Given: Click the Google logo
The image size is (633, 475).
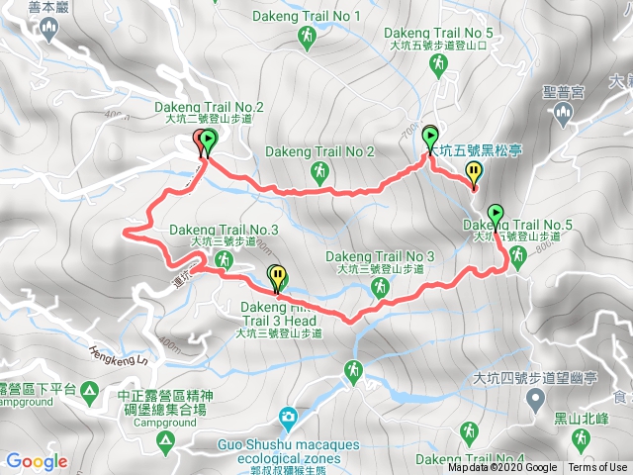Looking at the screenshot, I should pyautogui.click(x=37, y=461).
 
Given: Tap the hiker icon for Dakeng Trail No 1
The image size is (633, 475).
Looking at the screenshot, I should pyautogui.click(x=307, y=37).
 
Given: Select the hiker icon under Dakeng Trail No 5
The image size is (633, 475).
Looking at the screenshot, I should pyautogui.click(x=438, y=64).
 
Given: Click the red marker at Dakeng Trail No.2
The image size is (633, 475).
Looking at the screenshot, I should pyautogui.click(x=198, y=142).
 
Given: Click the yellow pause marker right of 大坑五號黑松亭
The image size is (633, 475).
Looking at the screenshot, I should pyautogui.click(x=474, y=174).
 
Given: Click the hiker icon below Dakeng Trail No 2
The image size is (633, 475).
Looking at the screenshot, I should pyautogui.click(x=319, y=173).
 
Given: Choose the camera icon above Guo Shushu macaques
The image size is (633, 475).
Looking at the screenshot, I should pyautogui.click(x=287, y=417).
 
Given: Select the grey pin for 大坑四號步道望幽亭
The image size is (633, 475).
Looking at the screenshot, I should pyautogui.click(x=535, y=400).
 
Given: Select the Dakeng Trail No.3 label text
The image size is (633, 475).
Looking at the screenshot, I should pyautogui.click(x=225, y=230).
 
